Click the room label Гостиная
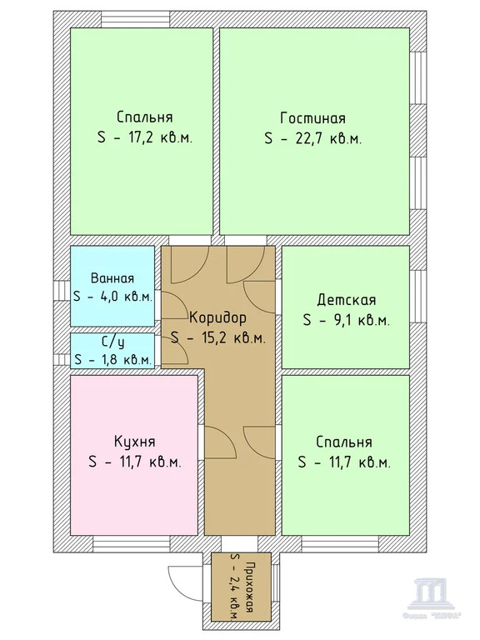(x=312, y=117)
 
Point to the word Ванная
(x=112, y=279)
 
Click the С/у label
(x=112, y=342)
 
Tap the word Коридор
(x=217, y=317)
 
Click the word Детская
(x=347, y=300)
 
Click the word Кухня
(x=134, y=441)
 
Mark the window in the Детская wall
(x=417, y=306)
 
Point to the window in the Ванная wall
(x=62, y=287)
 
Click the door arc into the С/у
(x=172, y=352)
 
